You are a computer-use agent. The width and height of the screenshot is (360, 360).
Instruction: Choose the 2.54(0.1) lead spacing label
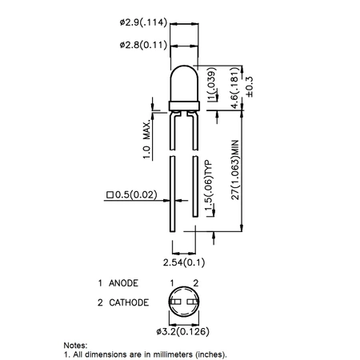point(183,262)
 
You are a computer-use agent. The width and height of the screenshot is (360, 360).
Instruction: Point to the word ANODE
point(124,283)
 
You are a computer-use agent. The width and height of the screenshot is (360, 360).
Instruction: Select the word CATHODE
point(129,303)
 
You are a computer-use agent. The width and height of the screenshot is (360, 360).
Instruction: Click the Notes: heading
point(78,344)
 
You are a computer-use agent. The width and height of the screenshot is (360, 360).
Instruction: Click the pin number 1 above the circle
point(172,283)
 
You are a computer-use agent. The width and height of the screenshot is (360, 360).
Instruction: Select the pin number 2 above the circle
point(195,283)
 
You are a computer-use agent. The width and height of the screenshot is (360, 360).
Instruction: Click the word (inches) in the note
point(212,353)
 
